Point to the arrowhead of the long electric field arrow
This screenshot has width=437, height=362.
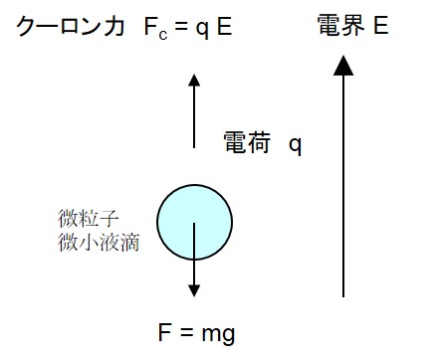(x=343, y=65)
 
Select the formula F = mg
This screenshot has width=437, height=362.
(x=195, y=332)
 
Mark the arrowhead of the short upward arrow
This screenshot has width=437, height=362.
(x=195, y=80)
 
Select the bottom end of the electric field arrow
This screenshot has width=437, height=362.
(x=343, y=295)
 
